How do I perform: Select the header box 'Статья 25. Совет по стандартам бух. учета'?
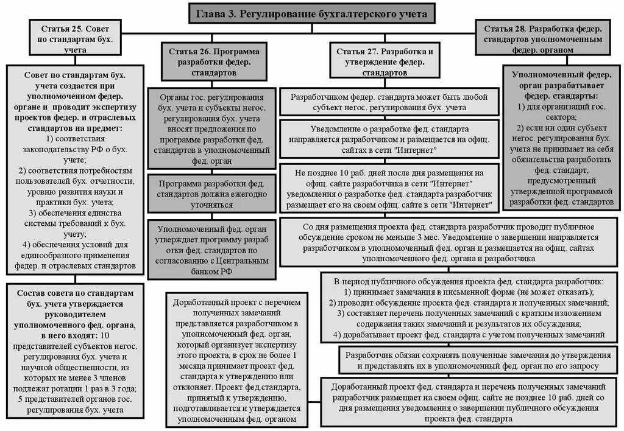[76, 40]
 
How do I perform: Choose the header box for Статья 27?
[385, 61]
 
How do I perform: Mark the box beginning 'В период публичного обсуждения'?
[469, 308]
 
